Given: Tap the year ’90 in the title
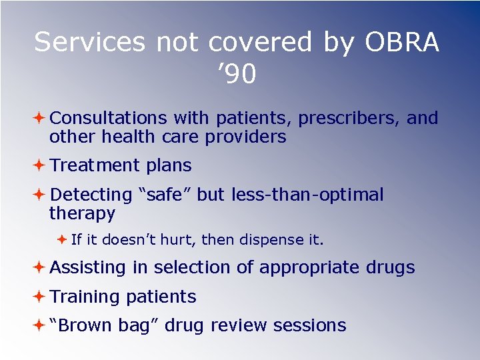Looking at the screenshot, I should point(237,75).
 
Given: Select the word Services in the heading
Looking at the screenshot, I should point(89,42).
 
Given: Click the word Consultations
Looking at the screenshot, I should point(108,119).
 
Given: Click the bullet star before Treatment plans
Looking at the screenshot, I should point(40,165).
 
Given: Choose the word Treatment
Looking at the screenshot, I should point(93,165).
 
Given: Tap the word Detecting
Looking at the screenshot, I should point(91,195).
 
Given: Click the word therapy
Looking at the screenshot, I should point(82,213).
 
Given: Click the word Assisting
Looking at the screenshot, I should point(87,268).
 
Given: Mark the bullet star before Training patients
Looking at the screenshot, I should point(40,297).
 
